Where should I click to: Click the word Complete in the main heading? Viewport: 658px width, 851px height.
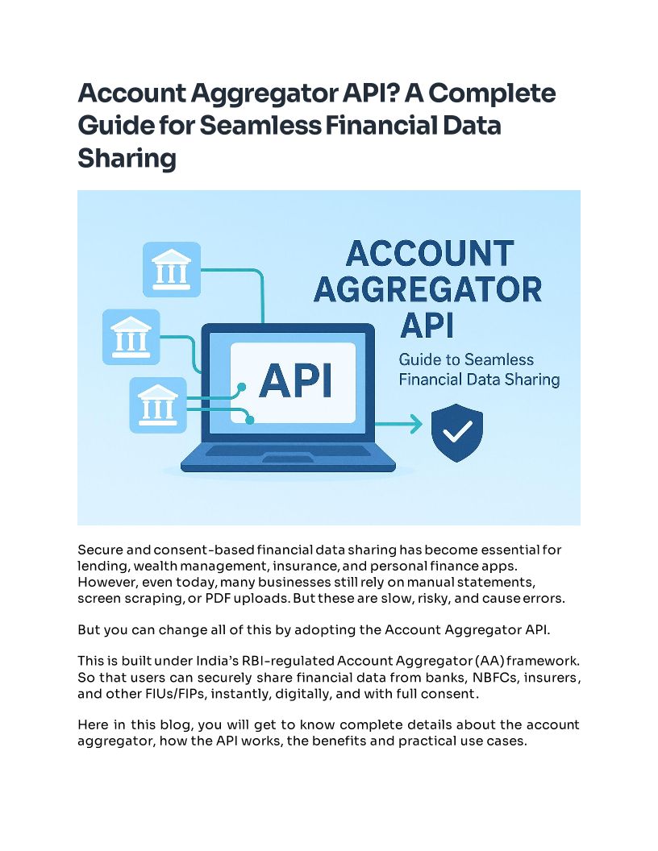pos(492,93)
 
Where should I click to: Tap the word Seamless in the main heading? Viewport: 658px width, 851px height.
pos(271,126)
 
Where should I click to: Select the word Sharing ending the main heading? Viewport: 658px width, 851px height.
pos(127,158)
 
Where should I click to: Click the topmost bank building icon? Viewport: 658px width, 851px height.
pos(171,269)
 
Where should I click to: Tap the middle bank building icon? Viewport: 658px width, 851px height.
pos(132,338)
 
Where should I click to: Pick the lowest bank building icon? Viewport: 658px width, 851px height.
pos(158,405)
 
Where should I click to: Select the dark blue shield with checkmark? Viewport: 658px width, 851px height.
pos(457,433)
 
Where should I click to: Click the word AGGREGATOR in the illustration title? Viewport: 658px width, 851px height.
pos(427,289)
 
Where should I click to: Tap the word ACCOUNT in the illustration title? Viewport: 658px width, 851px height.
pos(428,254)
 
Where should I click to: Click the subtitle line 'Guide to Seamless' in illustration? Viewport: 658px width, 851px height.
pos(466,359)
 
